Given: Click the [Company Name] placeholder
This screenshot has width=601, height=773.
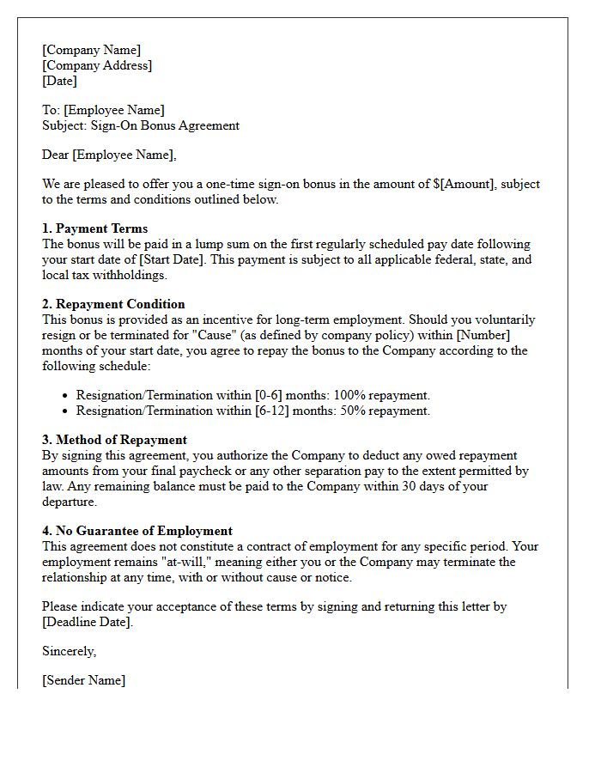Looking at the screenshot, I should click(91, 50).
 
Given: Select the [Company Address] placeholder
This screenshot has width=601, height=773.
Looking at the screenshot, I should click(97, 65).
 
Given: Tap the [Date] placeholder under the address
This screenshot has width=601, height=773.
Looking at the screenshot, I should click(59, 81).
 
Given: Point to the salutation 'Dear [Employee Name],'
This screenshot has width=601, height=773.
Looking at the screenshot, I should click(109, 155).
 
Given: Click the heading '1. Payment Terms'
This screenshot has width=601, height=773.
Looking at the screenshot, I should click(94, 228).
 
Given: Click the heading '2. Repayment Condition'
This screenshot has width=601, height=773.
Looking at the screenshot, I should click(113, 304).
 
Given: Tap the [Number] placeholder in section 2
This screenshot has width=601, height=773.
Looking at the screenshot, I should click(485, 335).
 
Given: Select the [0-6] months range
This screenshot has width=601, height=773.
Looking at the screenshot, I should click(272, 395).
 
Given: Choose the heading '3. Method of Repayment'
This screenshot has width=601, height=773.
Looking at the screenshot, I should click(114, 440).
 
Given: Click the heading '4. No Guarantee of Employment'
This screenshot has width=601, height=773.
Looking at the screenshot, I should click(137, 531).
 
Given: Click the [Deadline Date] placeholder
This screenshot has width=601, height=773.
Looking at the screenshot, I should click(87, 622).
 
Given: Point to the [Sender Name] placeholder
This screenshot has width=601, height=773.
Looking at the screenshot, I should click(83, 680).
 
